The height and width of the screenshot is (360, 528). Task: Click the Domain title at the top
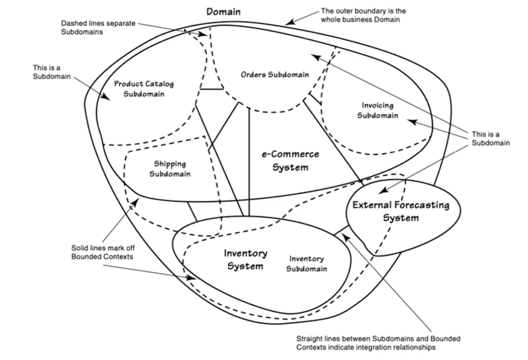click(x=224, y=11)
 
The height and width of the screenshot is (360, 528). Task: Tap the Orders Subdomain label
click(x=275, y=74)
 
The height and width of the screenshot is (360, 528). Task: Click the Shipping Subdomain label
click(x=170, y=168)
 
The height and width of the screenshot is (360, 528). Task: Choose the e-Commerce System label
click(x=290, y=161)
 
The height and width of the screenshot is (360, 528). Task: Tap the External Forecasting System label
click(x=401, y=211)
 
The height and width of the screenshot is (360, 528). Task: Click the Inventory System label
click(x=245, y=259)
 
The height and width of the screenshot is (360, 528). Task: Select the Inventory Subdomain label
click(x=307, y=264)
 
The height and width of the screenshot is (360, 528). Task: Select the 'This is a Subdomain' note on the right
click(x=490, y=139)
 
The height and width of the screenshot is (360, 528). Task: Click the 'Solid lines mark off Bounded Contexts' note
click(x=102, y=252)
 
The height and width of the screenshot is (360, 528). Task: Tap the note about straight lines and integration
click(x=378, y=343)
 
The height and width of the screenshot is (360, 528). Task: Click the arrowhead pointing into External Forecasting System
click(x=382, y=191)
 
